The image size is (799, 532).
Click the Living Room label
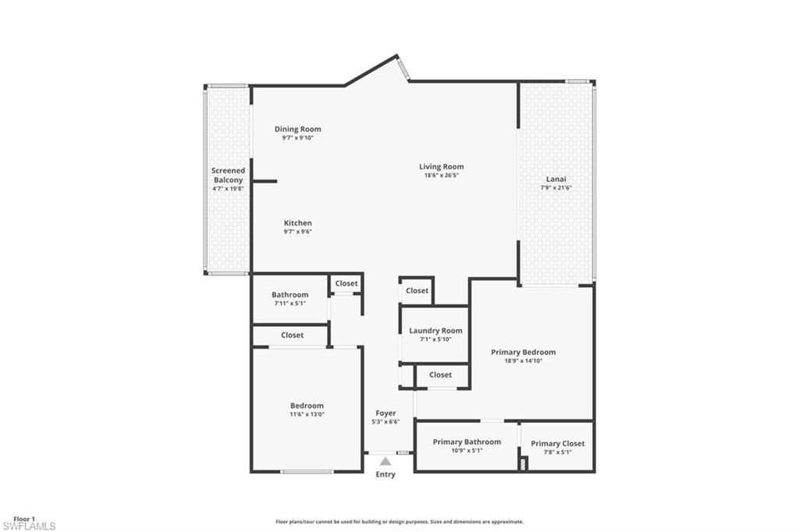pyautogui.click(x=441, y=166)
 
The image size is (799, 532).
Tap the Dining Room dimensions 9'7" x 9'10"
pyautogui.click(x=297, y=138)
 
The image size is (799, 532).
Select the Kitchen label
pyautogui.click(x=297, y=223)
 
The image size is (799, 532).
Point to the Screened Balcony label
pyautogui.click(x=228, y=175)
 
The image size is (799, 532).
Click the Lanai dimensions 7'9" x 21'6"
pyautogui.click(x=556, y=188)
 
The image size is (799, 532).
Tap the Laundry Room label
pyautogui.click(x=435, y=331)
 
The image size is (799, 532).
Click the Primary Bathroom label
pyautogui.click(x=467, y=442)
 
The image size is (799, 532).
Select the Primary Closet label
pyautogui.click(x=557, y=443)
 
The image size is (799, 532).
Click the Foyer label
pyautogui.click(x=385, y=413)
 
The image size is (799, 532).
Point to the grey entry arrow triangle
pyautogui.click(x=385, y=462)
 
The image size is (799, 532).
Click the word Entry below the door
pyautogui.click(x=385, y=474)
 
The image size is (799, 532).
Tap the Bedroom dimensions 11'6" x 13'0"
pyautogui.click(x=307, y=414)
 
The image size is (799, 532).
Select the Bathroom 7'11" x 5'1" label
pyautogui.click(x=289, y=295)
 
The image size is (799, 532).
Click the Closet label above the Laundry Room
pyautogui.click(x=417, y=290)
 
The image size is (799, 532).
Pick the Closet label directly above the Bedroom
pyautogui.click(x=292, y=335)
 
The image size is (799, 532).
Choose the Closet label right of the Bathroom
pyautogui.click(x=346, y=283)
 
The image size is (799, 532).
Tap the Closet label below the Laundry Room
pyautogui.click(x=440, y=374)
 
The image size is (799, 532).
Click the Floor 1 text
pyautogui.click(x=24, y=519)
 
